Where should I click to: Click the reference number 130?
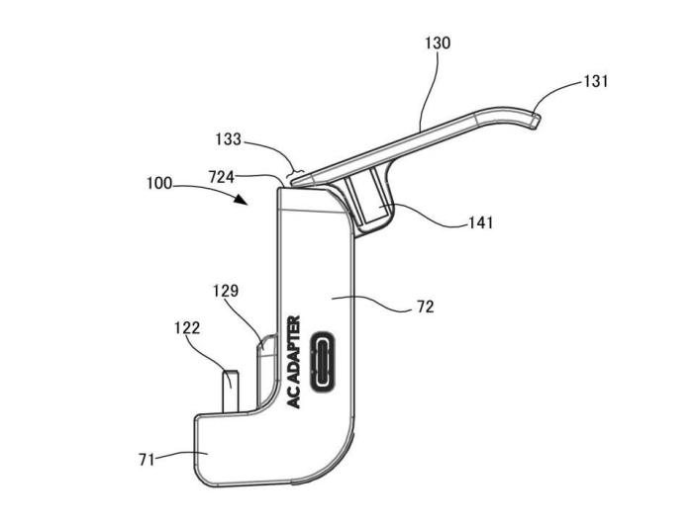(x=437, y=44)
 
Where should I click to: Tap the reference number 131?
(x=595, y=82)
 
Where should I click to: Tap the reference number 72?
(x=425, y=309)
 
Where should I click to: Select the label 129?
(x=227, y=292)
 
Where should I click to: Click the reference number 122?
(x=187, y=327)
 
